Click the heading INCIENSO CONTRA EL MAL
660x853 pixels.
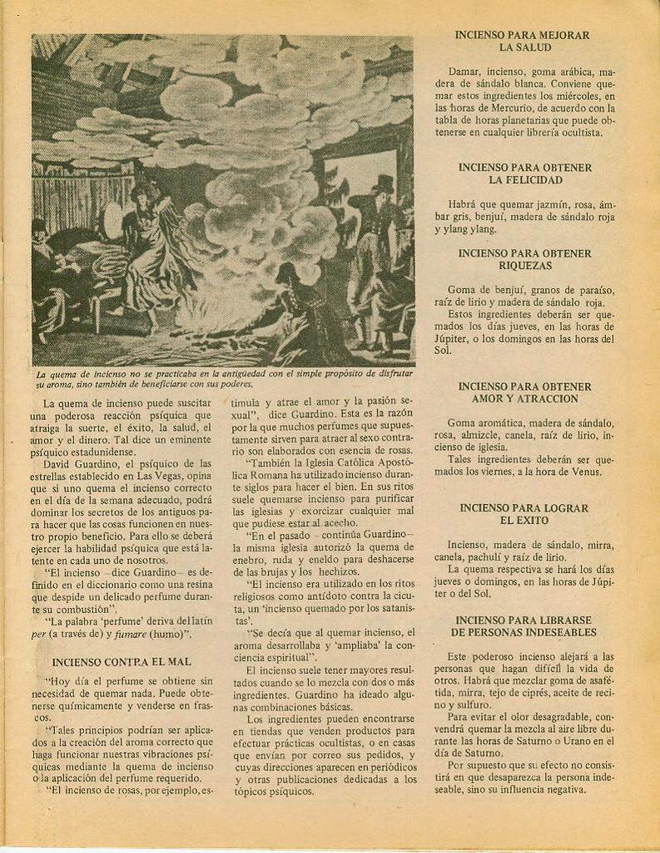point(122,661)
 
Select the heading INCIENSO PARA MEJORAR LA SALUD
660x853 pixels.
point(523,42)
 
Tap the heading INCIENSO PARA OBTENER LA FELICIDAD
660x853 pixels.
point(524,173)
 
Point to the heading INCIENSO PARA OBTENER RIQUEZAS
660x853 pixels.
point(524,259)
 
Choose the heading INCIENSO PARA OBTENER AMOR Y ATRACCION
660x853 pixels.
point(524,392)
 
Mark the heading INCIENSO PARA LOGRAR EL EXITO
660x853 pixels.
point(524,514)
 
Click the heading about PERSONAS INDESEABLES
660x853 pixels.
point(524,626)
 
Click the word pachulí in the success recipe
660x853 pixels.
point(497,556)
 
